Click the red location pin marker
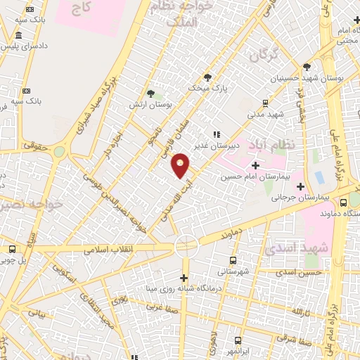click(x=181, y=165)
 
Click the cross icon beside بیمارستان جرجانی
click(x=301, y=186)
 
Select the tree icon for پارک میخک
click(x=207, y=77)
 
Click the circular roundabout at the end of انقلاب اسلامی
click(x=186, y=245)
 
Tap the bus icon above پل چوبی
click(x=12, y=249)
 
